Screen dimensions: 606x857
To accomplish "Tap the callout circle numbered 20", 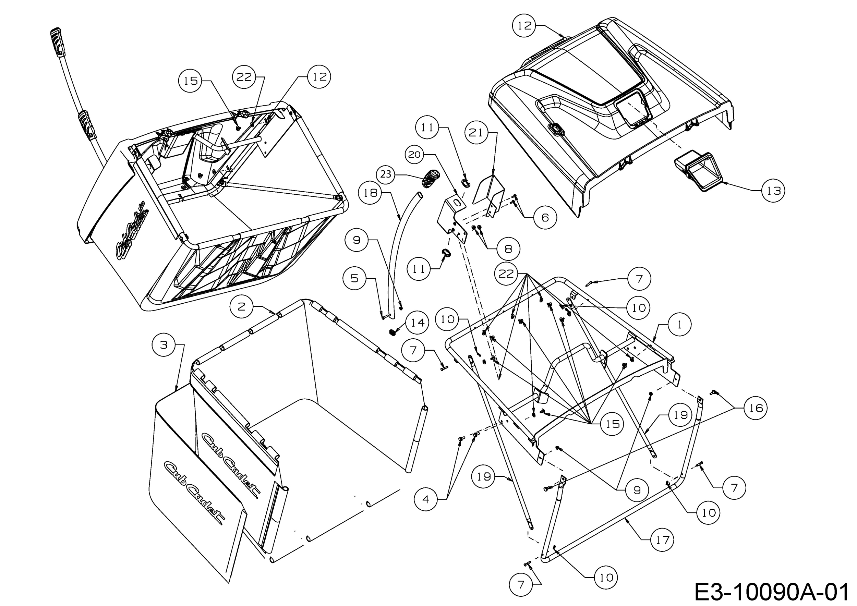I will (x=414, y=154).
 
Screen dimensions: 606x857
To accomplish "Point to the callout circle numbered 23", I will (x=386, y=174).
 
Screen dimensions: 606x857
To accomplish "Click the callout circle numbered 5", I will (x=354, y=278).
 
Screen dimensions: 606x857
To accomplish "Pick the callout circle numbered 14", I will (x=417, y=323).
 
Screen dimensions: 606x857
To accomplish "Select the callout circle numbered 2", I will (x=241, y=306).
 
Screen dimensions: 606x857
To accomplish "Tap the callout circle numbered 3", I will (x=164, y=345).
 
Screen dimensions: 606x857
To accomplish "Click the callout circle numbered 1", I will (x=679, y=324).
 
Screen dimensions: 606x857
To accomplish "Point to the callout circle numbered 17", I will (x=662, y=540).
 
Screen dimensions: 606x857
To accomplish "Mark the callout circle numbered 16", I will (x=756, y=408).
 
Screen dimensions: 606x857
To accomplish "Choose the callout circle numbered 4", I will (x=426, y=499).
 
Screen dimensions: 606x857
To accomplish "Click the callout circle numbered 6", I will (x=545, y=217).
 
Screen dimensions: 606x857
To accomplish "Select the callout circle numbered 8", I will (x=508, y=249).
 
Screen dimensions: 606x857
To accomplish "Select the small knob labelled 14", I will (x=392, y=332).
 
